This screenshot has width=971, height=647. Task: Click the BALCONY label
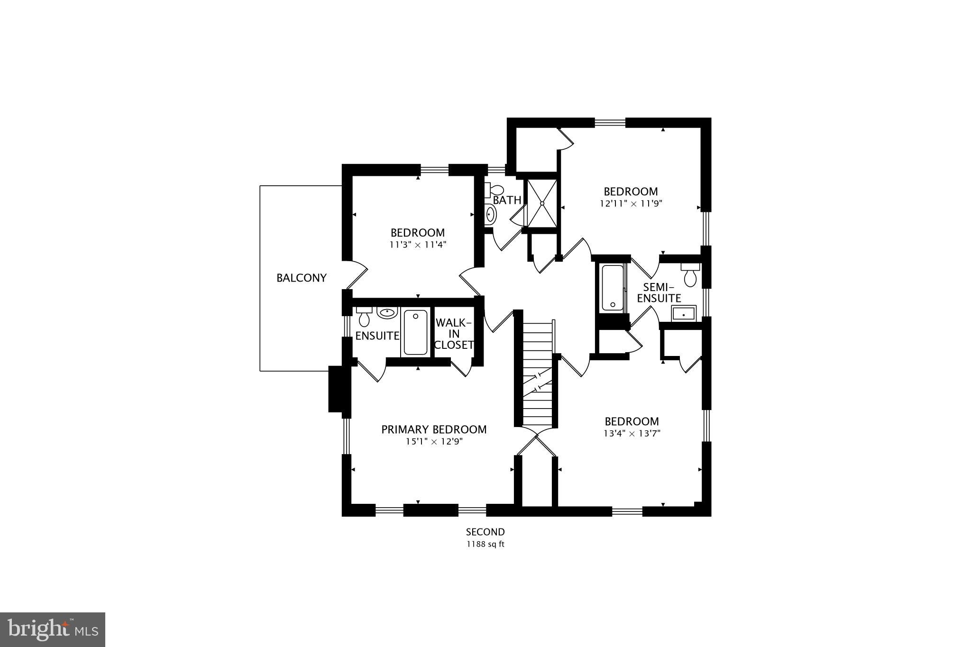tap(302, 278)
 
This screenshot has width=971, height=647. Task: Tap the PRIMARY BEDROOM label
tap(434, 429)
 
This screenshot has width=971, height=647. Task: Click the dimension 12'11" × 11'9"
tap(631, 204)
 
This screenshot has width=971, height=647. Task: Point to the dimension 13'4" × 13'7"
tap(632, 433)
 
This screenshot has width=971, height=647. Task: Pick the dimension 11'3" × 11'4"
tap(418, 245)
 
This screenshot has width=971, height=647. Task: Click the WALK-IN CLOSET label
tap(454, 334)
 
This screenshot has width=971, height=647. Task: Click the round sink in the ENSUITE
tap(387, 313)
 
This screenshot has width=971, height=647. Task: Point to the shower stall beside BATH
tap(542, 203)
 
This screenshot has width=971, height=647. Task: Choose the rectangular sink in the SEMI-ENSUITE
tap(683, 314)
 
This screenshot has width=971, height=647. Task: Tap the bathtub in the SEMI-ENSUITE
tap(612, 288)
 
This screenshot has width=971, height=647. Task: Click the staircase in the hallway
tap(538, 374)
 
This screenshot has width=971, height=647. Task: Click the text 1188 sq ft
tap(485, 544)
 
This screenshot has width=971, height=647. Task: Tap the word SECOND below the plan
tap(485, 532)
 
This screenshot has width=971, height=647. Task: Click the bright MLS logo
tap(53, 629)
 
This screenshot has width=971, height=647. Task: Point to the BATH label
tap(507, 200)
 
